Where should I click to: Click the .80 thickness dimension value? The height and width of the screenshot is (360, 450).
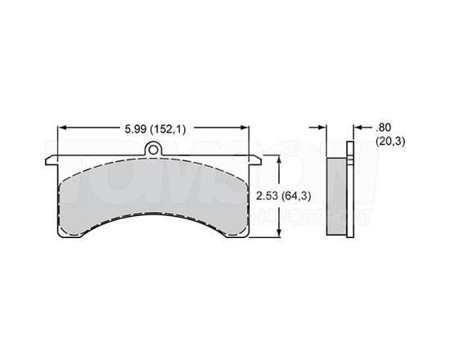[384, 128]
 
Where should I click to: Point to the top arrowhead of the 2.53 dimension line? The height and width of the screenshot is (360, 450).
[280, 160]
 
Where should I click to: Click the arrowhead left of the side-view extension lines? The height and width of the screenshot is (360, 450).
[321, 128]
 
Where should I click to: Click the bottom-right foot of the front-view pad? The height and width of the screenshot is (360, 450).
[246, 234]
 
